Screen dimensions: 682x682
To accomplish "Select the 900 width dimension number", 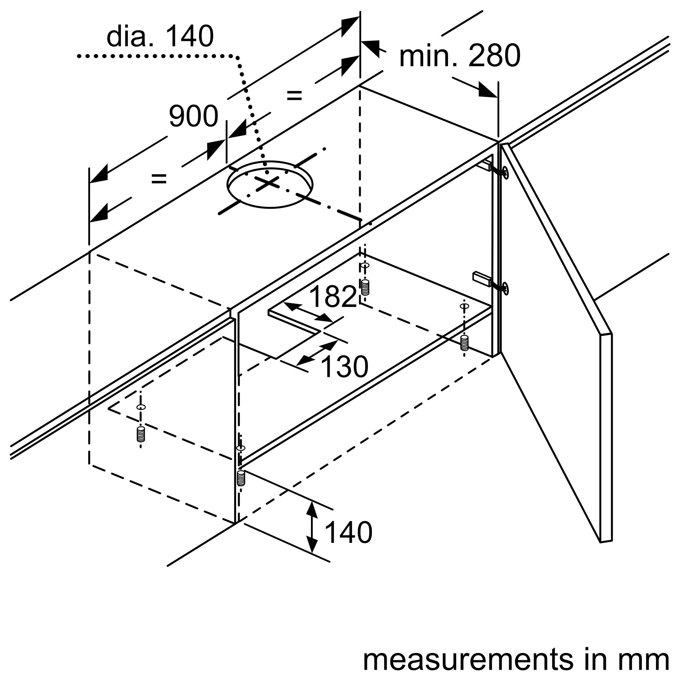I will coord(193,117).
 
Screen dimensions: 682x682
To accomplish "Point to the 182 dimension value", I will coord(332,297).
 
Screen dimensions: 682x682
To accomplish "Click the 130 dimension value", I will coord(344,367).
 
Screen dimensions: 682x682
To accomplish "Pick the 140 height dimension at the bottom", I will coord(348,533).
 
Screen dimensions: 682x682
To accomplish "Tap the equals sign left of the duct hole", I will coord(159,179).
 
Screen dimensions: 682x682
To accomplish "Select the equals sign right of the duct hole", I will coord(294,95).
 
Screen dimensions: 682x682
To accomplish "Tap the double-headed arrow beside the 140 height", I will coord(311,528).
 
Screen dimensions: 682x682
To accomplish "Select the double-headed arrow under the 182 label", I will coord(308,313).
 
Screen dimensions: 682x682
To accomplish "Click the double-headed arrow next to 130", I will coord(317,353).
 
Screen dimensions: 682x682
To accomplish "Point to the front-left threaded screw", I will coord(141,434).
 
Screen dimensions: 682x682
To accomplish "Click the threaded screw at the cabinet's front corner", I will coord(241,478).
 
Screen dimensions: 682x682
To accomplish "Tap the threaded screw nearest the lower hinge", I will coord(464,343).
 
